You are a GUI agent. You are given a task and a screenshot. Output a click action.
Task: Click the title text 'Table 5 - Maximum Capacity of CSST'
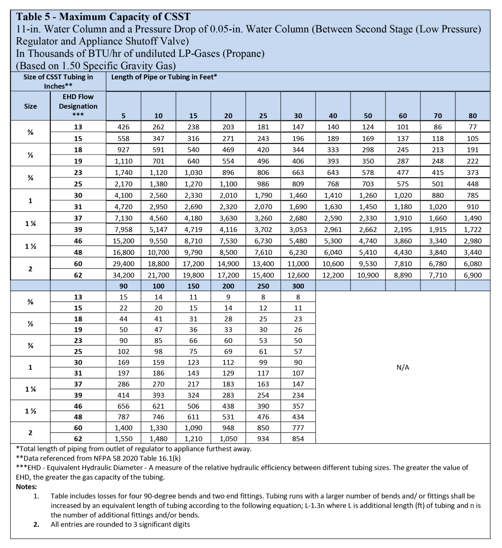(103, 17)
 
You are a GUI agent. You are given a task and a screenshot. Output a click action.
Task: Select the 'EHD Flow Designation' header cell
(78, 106)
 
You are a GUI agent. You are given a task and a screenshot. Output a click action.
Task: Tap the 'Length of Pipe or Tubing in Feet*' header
(164, 77)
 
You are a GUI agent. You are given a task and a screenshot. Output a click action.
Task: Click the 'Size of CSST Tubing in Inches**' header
(58, 81)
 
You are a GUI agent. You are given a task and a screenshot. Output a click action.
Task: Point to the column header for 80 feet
(472, 116)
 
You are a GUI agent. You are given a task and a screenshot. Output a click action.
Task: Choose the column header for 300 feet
(298, 286)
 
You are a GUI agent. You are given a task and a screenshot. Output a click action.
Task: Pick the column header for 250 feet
(263, 286)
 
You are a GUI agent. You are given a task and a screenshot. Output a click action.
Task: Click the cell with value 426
(124, 127)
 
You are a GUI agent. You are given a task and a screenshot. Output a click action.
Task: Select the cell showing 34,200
(124, 275)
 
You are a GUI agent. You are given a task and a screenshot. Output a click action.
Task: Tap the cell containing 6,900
(472, 275)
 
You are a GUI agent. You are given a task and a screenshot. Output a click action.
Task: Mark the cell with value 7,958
(124, 229)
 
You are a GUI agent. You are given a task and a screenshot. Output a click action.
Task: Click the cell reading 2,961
(333, 229)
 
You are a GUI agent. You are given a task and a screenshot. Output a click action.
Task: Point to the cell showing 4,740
(368, 241)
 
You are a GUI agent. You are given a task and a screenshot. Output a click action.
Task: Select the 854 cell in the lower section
(298, 439)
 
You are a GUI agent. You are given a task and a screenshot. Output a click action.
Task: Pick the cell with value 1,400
(124, 428)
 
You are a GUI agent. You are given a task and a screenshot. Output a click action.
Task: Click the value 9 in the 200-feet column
(228, 297)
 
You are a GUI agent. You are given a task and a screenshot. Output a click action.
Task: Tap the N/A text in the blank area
(403, 367)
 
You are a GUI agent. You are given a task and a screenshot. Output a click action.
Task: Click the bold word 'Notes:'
(26, 487)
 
